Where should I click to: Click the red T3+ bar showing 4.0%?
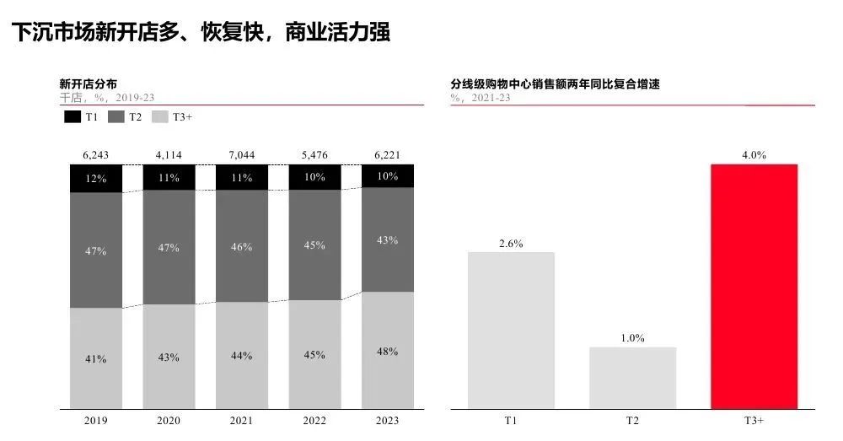click(x=754, y=287)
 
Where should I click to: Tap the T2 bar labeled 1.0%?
click(x=632, y=378)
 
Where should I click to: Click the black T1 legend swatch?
click(x=72, y=117)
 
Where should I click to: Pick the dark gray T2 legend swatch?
click(x=116, y=117)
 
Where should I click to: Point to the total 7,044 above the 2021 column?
click(x=241, y=155)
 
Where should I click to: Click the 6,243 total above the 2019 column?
click(x=95, y=155)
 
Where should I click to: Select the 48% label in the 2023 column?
click(x=388, y=352)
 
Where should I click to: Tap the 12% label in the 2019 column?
click(x=95, y=180)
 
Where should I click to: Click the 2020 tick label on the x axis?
click(x=169, y=420)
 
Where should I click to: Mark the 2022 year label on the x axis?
click(x=314, y=420)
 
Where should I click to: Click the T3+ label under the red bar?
click(x=754, y=420)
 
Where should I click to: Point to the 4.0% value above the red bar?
click(x=754, y=155)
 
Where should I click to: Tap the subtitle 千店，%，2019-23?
click(x=106, y=98)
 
